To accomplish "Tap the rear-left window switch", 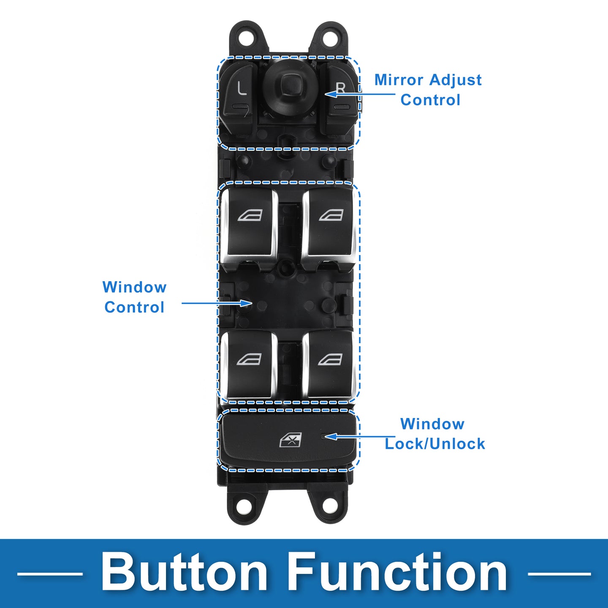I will [x=249, y=363].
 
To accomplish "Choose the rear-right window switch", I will [x=329, y=363].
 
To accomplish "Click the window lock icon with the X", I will [x=291, y=440].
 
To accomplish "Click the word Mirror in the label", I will [x=399, y=80].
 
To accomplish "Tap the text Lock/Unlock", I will [x=435, y=444].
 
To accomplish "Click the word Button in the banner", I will [x=184, y=573].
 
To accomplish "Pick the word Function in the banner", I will [x=398, y=573].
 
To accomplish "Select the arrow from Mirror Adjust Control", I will [x=359, y=93].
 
